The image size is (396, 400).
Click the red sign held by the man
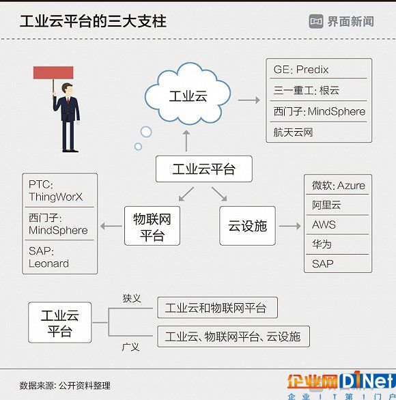[53, 73]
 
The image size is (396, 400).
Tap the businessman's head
[67, 89]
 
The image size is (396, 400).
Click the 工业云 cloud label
[188, 96]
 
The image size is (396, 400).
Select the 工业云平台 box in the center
[204, 169]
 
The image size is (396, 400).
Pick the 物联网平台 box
[152, 226]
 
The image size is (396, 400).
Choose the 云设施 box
[247, 226]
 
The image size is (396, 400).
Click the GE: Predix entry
[301, 70]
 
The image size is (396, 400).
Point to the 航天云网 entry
[293, 132]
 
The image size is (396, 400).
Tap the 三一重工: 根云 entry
[306, 90]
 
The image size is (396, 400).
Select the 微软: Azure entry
[339, 186]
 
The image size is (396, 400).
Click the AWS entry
[324, 225]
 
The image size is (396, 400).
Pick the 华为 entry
[322, 244]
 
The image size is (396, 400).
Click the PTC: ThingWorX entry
[55, 190]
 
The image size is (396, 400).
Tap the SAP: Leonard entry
[48, 257]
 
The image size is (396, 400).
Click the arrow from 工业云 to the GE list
[249, 100]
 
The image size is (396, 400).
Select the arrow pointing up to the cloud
[186, 141]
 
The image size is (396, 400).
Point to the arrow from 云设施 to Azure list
[290, 226]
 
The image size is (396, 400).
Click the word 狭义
[132, 298]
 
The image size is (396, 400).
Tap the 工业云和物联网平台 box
[217, 307]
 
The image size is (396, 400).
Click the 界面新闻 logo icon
[316, 21]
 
